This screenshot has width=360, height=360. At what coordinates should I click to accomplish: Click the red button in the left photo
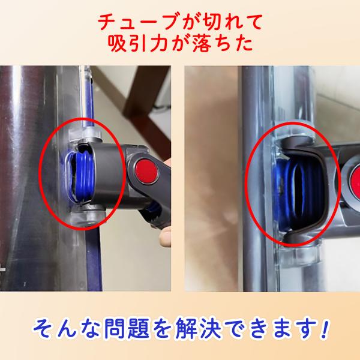[147, 171]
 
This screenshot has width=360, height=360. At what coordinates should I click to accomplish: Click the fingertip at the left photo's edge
[166, 236]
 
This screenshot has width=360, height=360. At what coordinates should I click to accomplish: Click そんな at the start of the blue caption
[67, 328]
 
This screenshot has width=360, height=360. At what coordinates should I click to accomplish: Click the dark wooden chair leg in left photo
[140, 108]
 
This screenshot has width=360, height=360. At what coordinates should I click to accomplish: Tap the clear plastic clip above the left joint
[85, 134]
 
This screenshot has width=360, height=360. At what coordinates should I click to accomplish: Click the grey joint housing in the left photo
[108, 175]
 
